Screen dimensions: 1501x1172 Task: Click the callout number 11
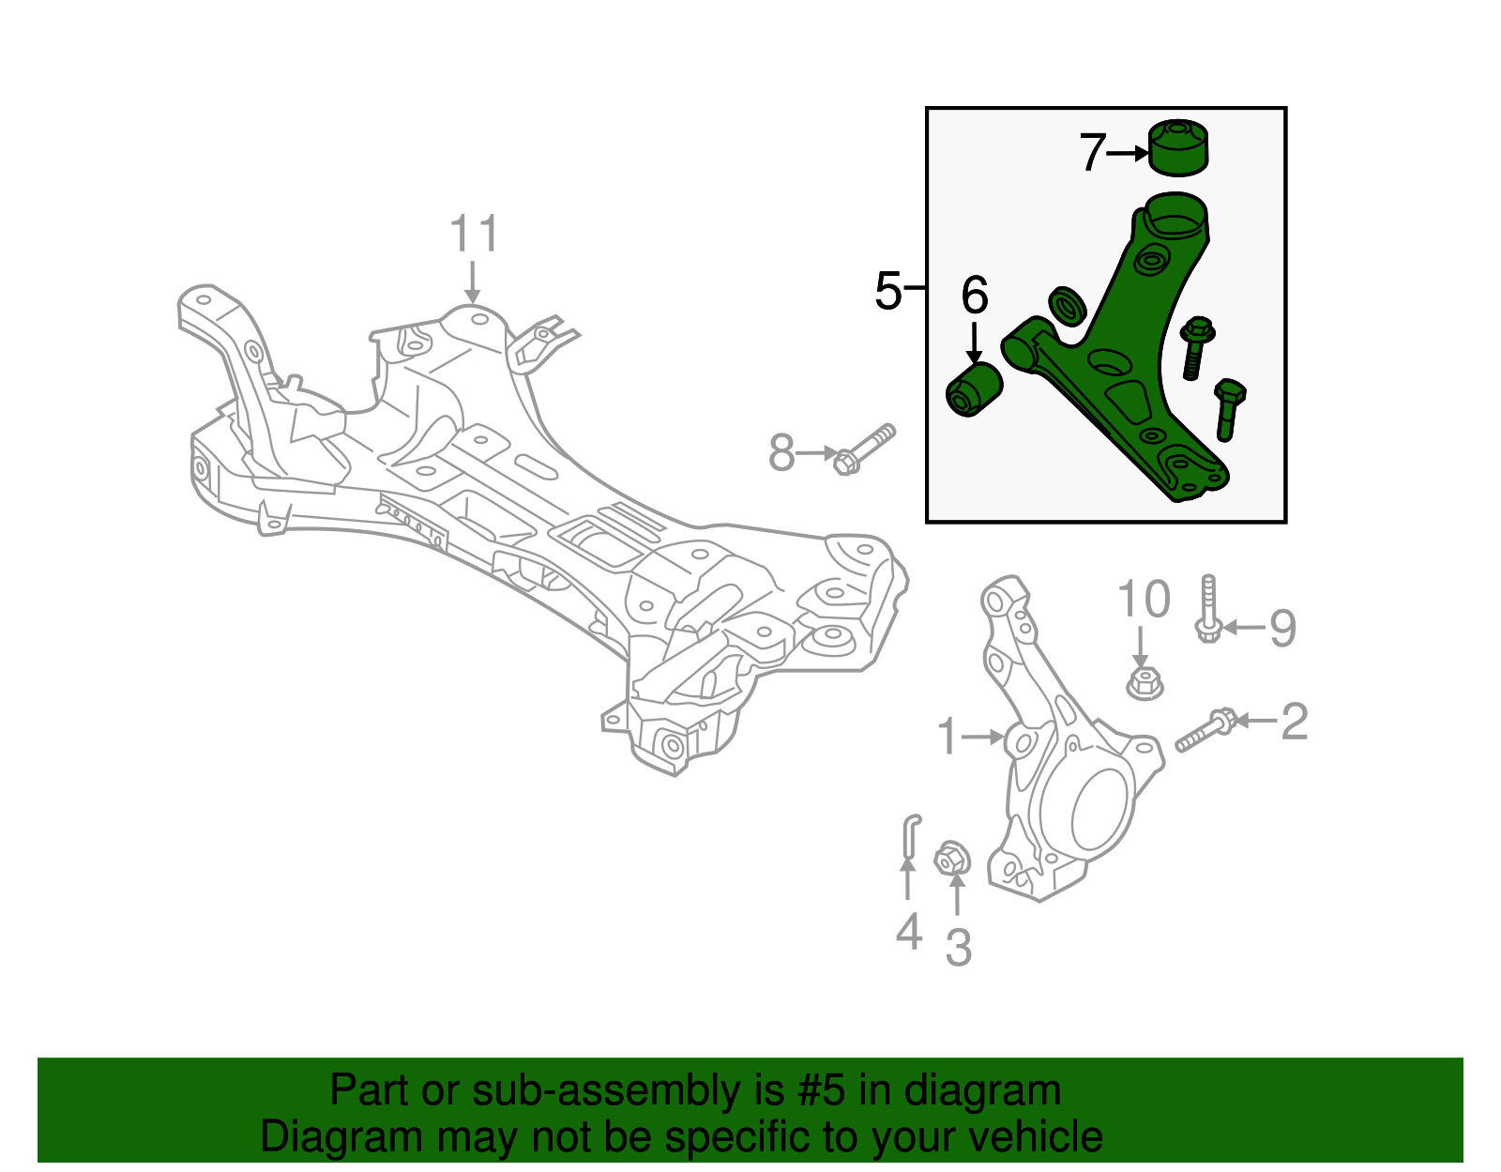(x=474, y=234)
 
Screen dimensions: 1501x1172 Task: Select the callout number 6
(x=975, y=296)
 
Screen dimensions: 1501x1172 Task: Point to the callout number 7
(x=1092, y=152)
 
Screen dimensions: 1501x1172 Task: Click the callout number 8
(x=781, y=453)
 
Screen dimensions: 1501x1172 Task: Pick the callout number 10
(x=1144, y=600)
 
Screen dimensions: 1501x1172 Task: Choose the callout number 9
(x=1282, y=628)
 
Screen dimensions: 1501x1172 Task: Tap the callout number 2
(x=1295, y=722)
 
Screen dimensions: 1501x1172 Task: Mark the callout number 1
(x=948, y=737)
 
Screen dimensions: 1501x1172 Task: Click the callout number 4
(x=908, y=932)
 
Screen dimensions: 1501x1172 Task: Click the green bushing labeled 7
(x=1178, y=148)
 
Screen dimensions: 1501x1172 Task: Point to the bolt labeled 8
(x=864, y=449)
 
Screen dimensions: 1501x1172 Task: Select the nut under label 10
(x=1144, y=682)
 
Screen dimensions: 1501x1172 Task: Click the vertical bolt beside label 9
(x=1208, y=609)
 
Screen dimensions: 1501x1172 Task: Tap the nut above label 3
(x=952, y=858)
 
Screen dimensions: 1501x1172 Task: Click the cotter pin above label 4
(x=910, y=835)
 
